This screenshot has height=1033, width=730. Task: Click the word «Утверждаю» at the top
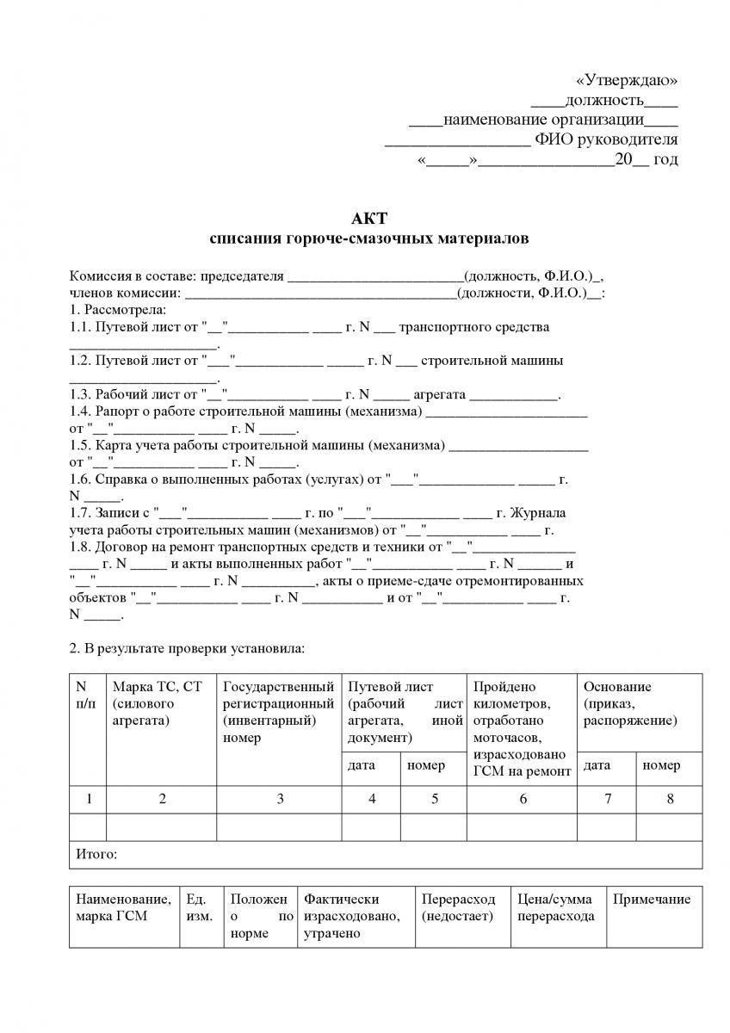[x=627, y=80]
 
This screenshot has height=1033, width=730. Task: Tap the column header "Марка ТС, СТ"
[x=157, y=687]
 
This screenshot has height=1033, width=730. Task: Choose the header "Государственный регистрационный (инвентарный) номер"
[x=279, y=711]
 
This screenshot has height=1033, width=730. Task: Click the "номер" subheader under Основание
[x=661, y=765]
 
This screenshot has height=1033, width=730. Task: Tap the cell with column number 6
[x=523, y=799]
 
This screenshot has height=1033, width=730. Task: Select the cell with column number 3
[x=280, y=799]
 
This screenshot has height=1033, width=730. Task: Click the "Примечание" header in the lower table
[x=652, y=900]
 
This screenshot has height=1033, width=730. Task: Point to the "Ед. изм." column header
[x=200, y=907]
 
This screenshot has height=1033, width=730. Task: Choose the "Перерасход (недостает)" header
[x=457, y=907]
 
